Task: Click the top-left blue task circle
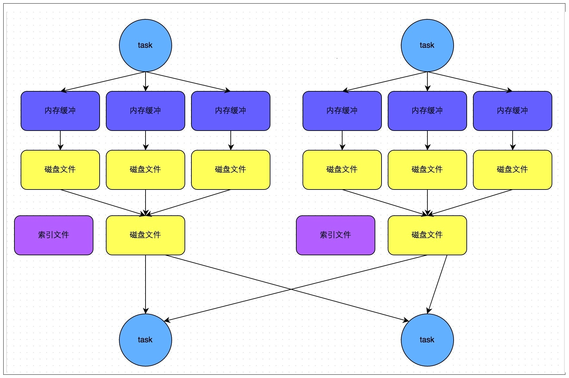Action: pyautogui.click(x=145, y=45)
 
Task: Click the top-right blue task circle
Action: pyautogui.click(x=427, y=45)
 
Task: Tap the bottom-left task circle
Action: pyautogui.click(x=145, y=340)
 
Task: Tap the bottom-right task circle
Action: pyautogui.click(x=427, y=340)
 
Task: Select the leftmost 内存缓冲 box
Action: pyautogui.click(x=60, y=111)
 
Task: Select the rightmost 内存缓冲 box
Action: pyautogui.click(x=512, y=111)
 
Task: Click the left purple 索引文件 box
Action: pyautogui.click(x=53, y=235)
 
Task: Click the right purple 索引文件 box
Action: pyautogui.click(x=335, y=235)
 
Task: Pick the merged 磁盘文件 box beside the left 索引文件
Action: pyautogui.click(x=145, y=235)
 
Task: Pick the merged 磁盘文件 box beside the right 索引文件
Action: pyautogui.click(x=427, y=235)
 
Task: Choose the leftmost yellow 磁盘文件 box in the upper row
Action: pyautogui.click(x=60, y=170)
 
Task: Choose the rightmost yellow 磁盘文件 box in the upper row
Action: pyautogui.click(x=512, y=170)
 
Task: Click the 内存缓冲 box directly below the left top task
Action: pyautogui.click(x=145, y=111)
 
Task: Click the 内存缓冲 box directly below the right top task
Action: pyautogui.click(x=427, y=111)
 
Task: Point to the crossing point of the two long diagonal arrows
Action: pyautogui.click(x=290, y=289)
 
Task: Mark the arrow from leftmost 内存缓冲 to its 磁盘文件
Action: pyautogui.click(x=60, y=140)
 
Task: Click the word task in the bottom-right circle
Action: pyautogui.click(x=427, y=340)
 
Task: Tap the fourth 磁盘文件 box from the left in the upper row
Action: pyautogui.click(x=342, y=170)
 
